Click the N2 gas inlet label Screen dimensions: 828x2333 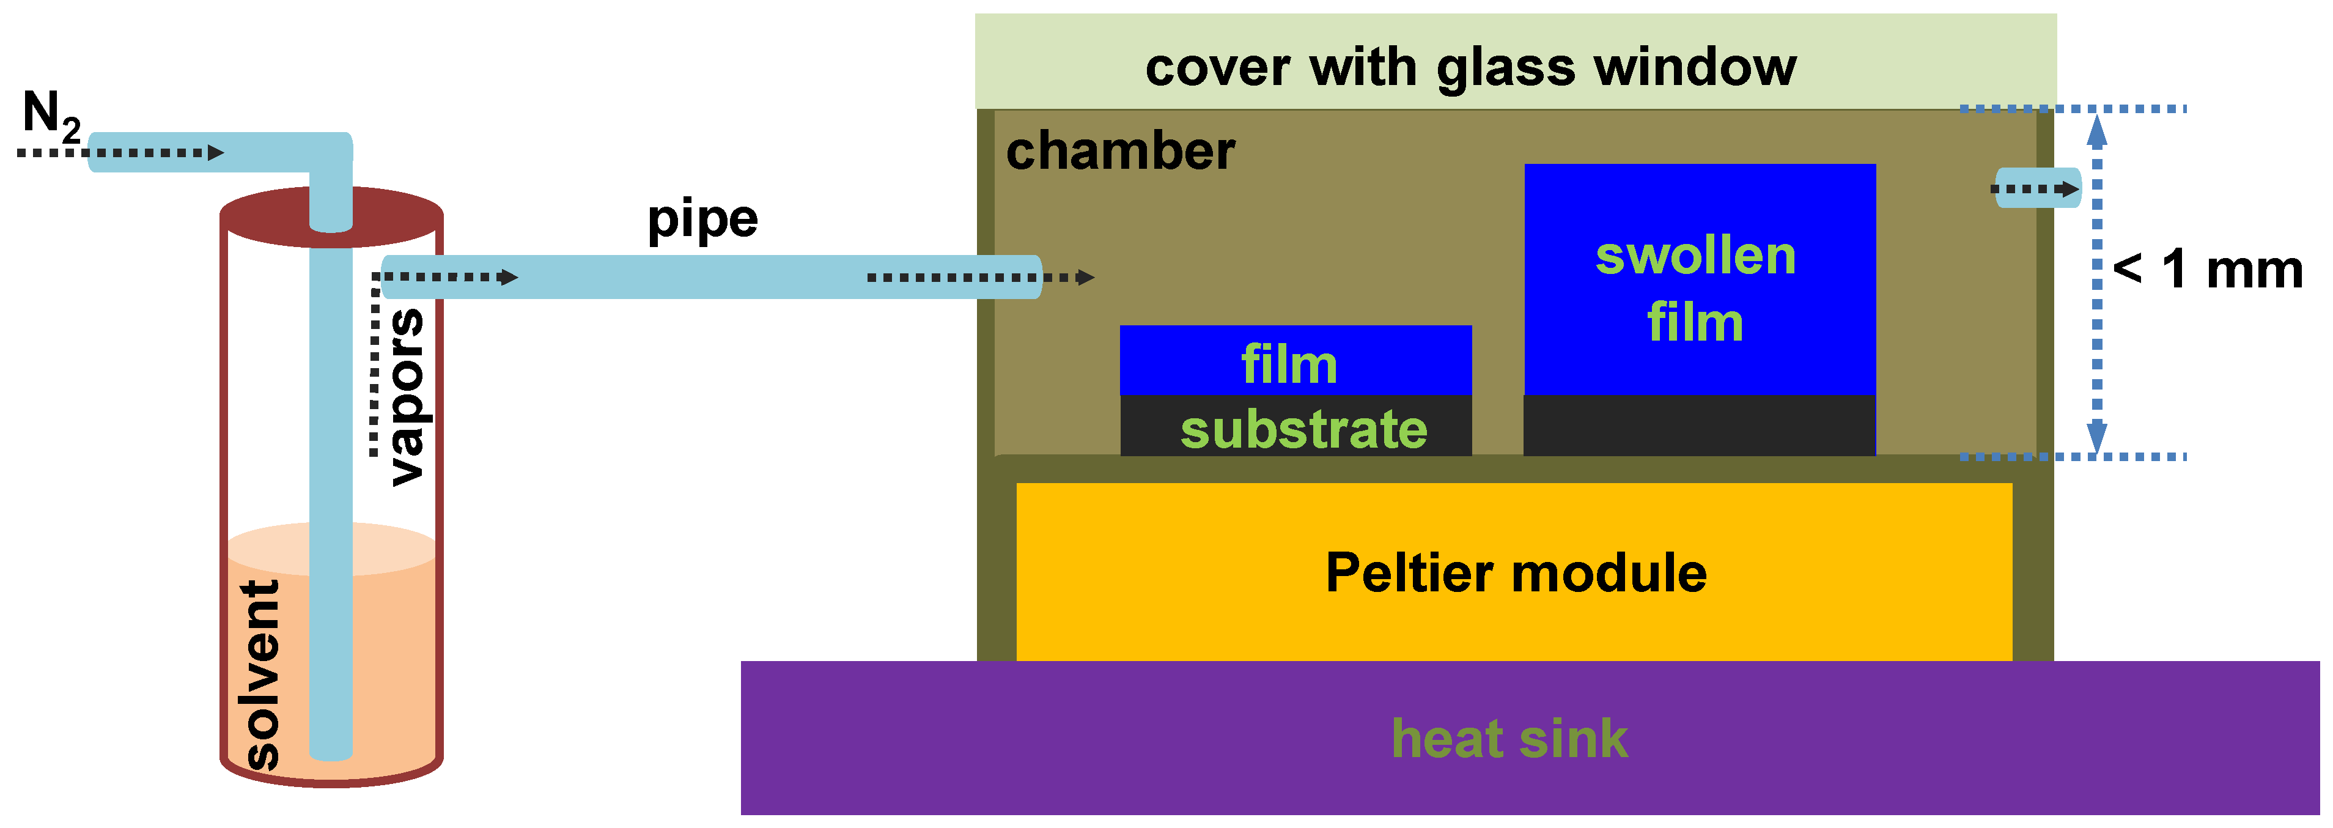coord(50,115)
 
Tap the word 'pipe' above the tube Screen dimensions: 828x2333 coord(702,220)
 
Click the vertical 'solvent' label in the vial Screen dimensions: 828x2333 coord(261,675)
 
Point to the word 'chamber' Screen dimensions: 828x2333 coord(1119,150)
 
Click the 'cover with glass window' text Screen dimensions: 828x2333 coord(1470,67)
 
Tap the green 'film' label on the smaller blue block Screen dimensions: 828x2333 coord(1288,364)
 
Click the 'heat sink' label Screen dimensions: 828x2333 coord(1509,738)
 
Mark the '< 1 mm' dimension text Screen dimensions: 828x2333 coord(2207,269)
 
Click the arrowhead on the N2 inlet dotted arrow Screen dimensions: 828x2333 coord(216,152)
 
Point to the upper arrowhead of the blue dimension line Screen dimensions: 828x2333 coord(2096,131)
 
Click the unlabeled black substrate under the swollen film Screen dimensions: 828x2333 coord(1699,426)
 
